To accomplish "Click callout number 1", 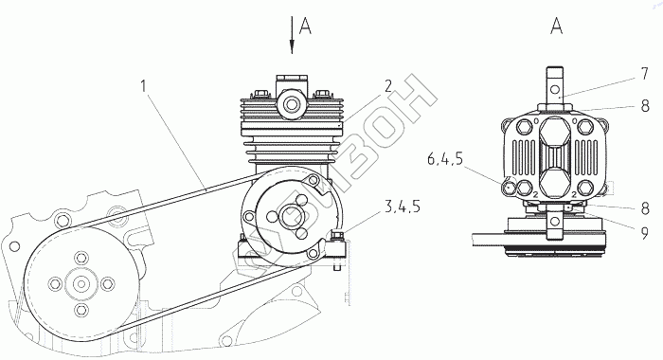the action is pos(144,87).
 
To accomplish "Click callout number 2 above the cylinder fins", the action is pos(387,86).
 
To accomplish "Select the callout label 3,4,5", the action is pos(402,207).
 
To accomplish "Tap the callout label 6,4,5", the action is pos(445,160).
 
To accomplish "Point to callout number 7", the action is pos(644,74).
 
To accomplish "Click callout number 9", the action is pos(644,233).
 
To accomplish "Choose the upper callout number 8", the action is pos(645,106).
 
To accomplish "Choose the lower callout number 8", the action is pos(645,209).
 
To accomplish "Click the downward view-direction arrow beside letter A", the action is pos(292,35).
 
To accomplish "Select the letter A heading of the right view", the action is pos(557,27).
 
